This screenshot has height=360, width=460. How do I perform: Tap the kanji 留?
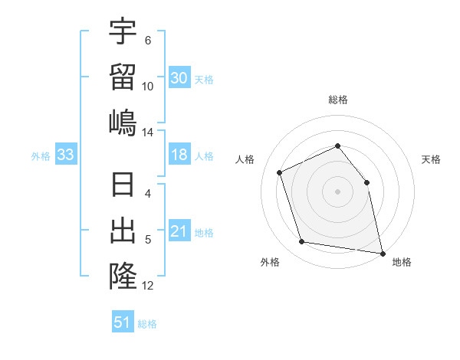click(x=123, y=77)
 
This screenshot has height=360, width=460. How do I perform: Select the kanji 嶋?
click(x=123, y=123)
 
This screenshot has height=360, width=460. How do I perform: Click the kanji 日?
click(x=123, y=185)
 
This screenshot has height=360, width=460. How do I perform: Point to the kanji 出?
click(x=123, y=231)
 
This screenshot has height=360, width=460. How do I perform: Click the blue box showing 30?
click(x=179, y=78)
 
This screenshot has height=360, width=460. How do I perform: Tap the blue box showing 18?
click(x=179, y=155)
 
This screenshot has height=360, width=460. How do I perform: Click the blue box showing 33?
click(x=66, y=155)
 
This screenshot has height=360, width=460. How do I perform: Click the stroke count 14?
click(x=148, y=133)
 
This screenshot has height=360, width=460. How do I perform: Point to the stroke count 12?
click(x=148, y=286)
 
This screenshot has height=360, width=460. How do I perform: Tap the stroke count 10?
click(x=148, y=87)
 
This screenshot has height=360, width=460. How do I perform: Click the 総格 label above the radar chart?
click(x=337, y=100)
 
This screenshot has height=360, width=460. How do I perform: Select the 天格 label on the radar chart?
click(x=432, y=159)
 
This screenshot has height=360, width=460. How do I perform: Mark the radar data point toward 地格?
click(x=382, y=252)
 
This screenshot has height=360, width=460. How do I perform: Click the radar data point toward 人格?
click(x=280, y=172)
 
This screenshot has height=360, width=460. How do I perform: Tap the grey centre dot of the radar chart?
click(x=337, y=191)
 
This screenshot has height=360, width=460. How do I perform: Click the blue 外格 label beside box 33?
click(x=41, y=156)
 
